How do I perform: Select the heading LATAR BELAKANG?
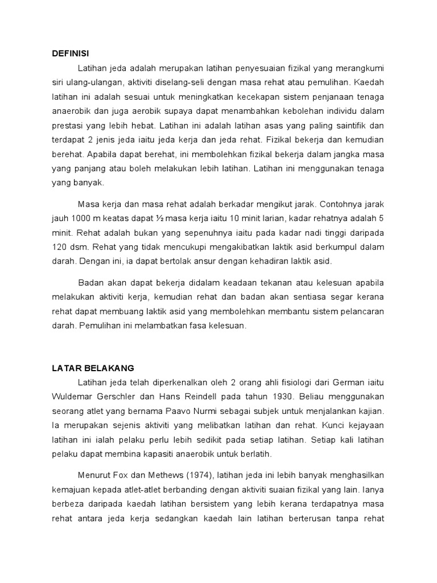pos(90,368)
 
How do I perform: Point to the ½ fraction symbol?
pos(162,217)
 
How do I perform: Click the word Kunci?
pos(306,425)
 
